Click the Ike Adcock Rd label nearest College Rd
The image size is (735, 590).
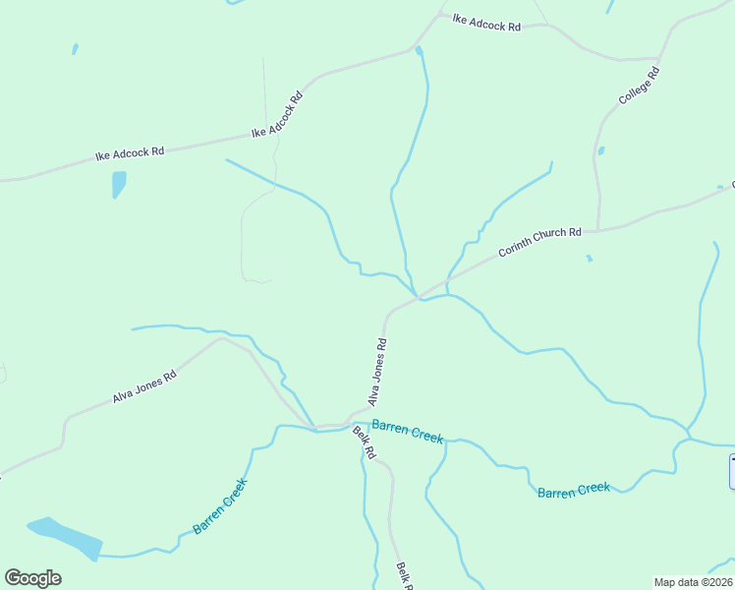[x=486, y=24]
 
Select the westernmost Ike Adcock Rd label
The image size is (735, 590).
[x=129, y=153]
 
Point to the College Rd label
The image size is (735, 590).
[x=639, y=86]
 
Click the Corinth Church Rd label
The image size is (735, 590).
[x=539, y=242]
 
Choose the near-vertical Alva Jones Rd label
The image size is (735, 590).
[x=377, y=373]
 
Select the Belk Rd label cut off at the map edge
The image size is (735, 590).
[x=403, y=574]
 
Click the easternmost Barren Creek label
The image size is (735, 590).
[x=574, y=489]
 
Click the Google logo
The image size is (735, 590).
[x=32, y=578]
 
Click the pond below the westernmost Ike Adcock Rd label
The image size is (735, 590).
[x=119, y=184]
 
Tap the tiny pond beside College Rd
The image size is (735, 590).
[x=600, y=151]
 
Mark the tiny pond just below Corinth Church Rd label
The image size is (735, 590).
[x=589, y=259]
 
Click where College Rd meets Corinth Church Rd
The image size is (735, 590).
[x=598, y=230]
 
